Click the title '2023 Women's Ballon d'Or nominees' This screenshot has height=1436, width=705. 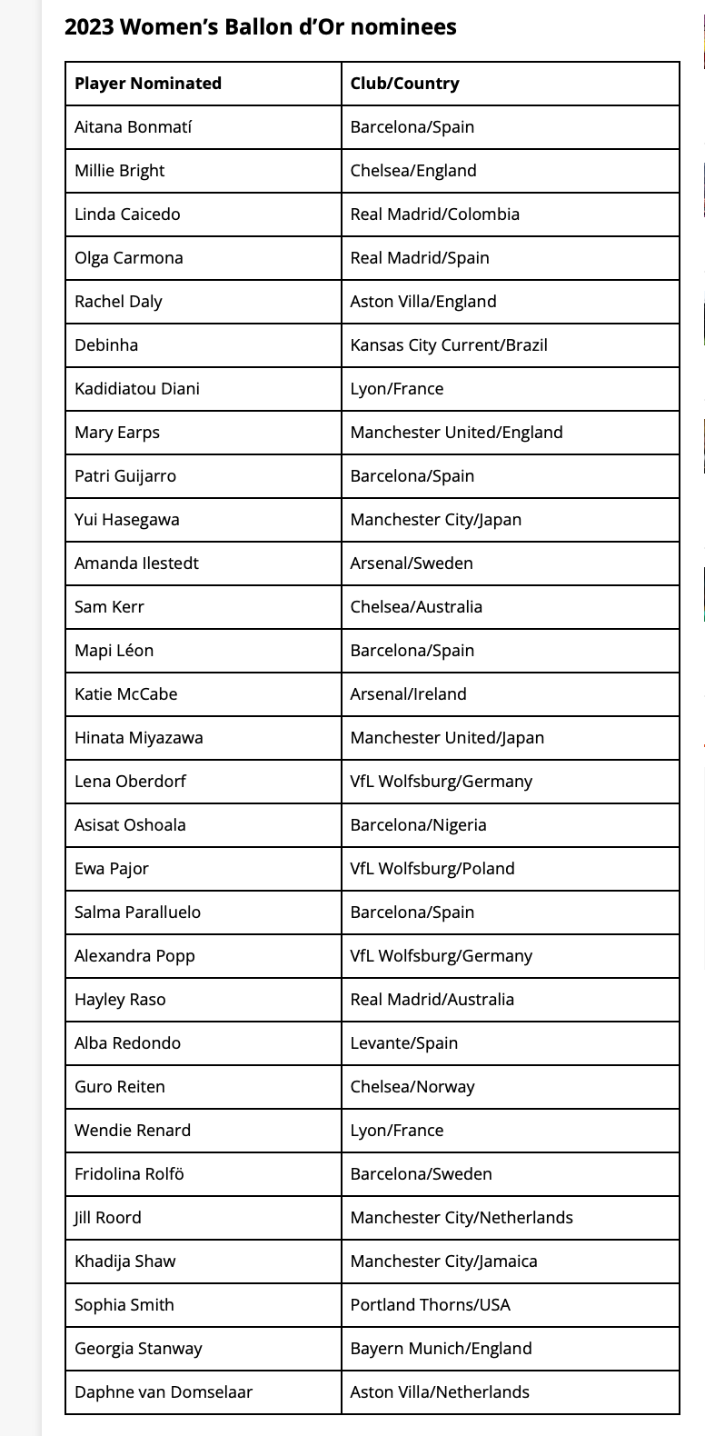[260, 27]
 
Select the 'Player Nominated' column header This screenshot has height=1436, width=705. [148, 84]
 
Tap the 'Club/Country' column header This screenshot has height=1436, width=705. [405, 84]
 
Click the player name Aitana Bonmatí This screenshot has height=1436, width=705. [134, 127]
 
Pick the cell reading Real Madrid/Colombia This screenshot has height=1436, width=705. [435, 214]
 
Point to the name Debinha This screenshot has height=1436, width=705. [106, 345]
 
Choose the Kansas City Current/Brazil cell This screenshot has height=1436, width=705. [449, 345]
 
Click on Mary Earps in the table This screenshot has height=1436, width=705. [117, 433]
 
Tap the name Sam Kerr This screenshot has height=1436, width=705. [109, 607]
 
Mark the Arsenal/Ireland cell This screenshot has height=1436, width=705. [409, 694]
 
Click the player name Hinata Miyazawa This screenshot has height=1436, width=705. [139, 738]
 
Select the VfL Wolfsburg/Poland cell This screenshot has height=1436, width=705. [432, 869]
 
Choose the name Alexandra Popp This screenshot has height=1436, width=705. [134, 956]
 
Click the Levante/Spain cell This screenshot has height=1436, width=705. [404, 1043]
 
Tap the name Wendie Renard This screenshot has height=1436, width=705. [133, 1131]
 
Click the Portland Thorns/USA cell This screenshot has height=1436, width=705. [431, 1305]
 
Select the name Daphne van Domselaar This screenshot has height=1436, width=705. [164, 1392]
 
